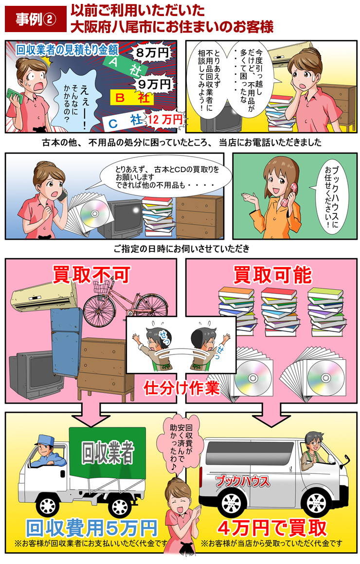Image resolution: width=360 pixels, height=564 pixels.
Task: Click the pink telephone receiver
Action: [287, 193]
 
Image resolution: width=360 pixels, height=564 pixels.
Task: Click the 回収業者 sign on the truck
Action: [107, 453]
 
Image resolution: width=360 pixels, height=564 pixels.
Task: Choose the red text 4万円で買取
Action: [272, 527]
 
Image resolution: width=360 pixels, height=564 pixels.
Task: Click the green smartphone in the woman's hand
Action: [13, 94]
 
